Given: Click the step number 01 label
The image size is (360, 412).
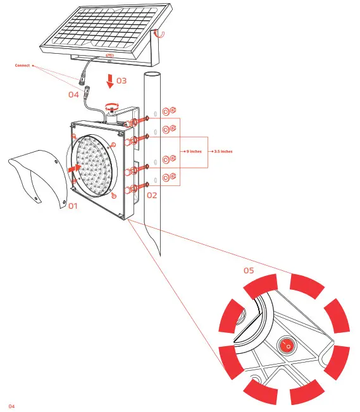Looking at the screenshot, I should tap(73, 206).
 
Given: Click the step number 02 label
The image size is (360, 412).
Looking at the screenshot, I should tap(152, 195).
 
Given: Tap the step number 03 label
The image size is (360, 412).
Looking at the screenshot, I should tap(121, 81).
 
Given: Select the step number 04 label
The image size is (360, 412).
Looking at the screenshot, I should tap(74, 94).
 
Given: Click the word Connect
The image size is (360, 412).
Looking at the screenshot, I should tap(22, 65).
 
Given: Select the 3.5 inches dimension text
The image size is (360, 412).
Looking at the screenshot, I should tap(223, 152).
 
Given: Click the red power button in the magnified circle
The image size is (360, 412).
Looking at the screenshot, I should tap(286, 346).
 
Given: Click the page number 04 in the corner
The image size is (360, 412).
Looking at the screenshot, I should tap(11, 405).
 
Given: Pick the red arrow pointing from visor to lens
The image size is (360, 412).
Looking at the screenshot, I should tap(74, 169).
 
